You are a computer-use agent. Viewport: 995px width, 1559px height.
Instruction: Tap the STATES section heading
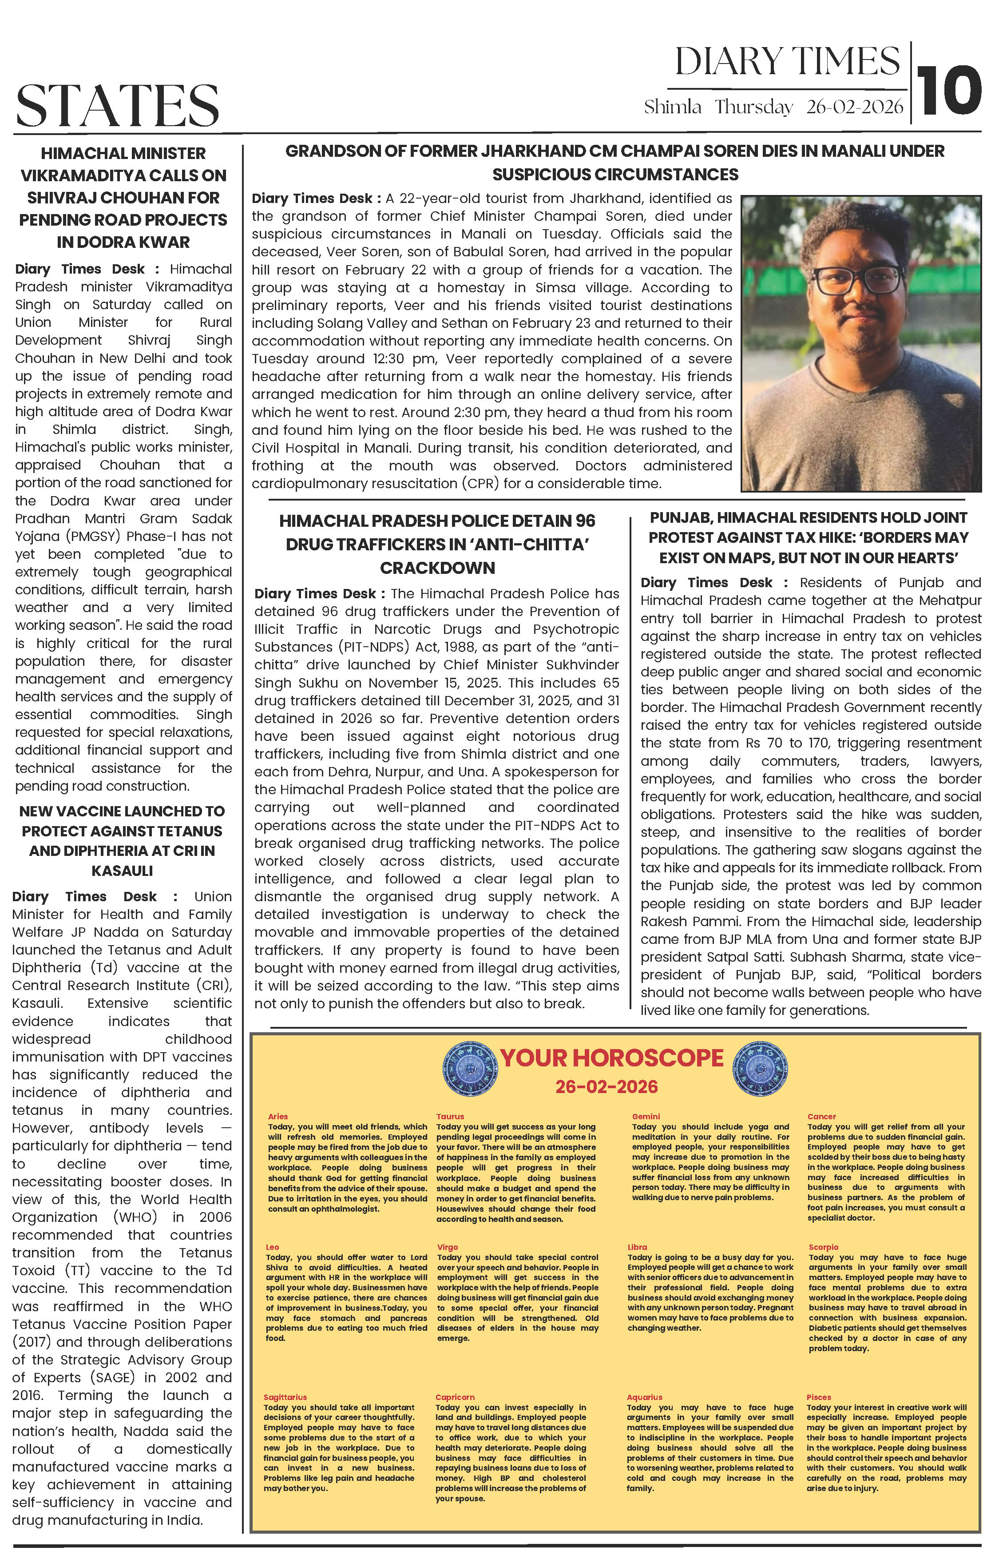[x=118, y=106]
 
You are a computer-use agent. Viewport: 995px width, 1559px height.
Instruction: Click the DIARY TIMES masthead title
[x=787, y=62]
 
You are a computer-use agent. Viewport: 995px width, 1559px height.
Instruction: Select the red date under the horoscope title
[x=607, y=1086]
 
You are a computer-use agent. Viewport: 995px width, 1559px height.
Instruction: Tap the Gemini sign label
[x=646, y=1117]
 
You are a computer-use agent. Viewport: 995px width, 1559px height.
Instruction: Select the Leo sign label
[x=273, y=1247]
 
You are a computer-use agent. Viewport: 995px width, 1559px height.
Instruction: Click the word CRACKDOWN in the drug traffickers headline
[x=438, y=568]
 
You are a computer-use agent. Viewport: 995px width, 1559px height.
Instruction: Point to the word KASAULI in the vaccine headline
[x=122, y=871]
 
